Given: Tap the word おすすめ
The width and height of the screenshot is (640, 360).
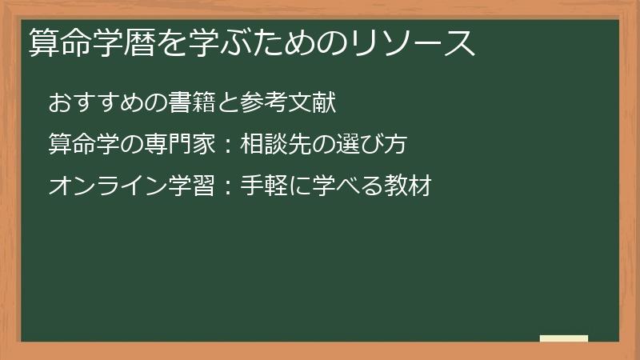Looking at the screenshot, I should click(x=96, y=103).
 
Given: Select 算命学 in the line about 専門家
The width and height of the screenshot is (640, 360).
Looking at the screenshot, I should click(x=83, y=145).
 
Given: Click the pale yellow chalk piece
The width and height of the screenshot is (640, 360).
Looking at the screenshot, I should click(x=564, y=338).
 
